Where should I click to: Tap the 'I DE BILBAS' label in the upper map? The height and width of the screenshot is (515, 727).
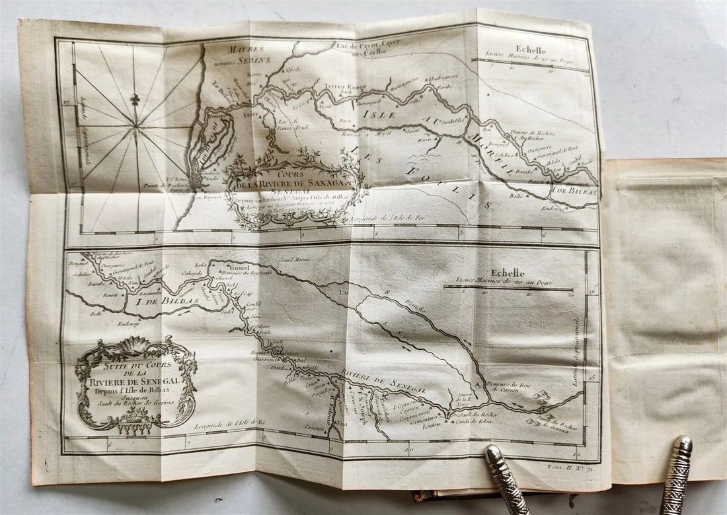(x=576, y=192)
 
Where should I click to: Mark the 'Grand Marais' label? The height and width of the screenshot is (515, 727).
(x=295, y=259)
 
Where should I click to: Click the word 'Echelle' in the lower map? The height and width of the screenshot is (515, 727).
(x=508, y=273)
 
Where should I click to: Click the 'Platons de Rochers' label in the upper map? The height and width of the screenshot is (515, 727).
(x=536, y=134)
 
